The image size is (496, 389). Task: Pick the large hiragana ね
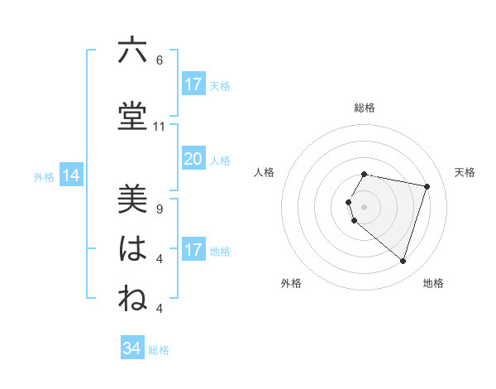coord(132,299)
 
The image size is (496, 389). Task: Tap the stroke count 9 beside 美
coord(159,209)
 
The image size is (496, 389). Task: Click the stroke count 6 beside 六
coord(159,60)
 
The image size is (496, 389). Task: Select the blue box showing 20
coord(193,159)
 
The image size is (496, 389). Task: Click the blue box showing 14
coord(71,175)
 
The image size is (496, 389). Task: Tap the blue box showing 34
coord(131,348)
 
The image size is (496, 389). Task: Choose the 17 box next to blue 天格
coord(193,84)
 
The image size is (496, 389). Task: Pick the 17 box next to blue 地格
coord(193,250)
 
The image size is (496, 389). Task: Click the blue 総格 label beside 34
coord(159,350)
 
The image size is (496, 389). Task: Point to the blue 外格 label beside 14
coord(44,176)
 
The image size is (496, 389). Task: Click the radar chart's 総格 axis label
coord(365,108)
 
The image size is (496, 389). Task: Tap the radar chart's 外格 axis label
coord(291,283)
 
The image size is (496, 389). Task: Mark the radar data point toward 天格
coord(427,186)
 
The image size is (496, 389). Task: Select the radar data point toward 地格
coord(403,261)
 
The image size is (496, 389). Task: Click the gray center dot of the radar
coord(365,206)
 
